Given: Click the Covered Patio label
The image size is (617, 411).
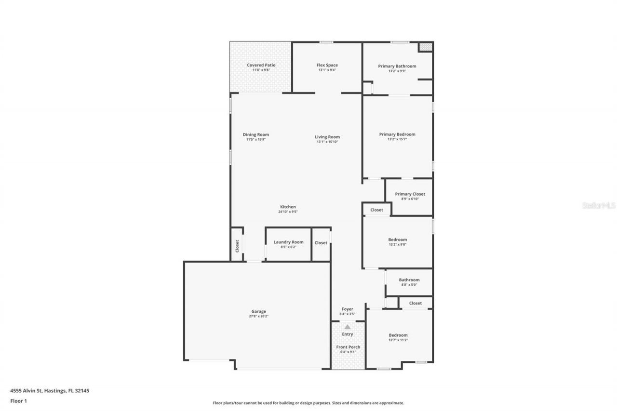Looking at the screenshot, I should (x=261, y=65).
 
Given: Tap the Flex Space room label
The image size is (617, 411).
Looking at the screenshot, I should (x=327, y=65).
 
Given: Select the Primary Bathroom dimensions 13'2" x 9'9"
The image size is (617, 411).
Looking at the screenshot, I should (x=397, y=71).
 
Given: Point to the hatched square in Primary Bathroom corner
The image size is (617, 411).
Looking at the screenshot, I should (x=425, y=47).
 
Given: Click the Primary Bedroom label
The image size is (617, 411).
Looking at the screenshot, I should (x=397, y=134).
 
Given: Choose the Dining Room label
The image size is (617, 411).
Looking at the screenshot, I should (x=255, y=135).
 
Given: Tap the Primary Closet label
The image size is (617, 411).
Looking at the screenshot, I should (x=410, y=194).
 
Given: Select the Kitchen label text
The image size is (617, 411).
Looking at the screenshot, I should (x=288, y=207).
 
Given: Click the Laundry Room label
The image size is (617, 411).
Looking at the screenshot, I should (x=288, y=242).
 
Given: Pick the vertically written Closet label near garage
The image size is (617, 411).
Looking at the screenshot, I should (x=237, y=246).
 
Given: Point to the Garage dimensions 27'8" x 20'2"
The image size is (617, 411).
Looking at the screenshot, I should (x=258, y=317).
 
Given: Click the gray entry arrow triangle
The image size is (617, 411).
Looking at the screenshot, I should (x=348, y=327).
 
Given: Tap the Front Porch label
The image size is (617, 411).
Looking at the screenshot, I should (x=348, y=347).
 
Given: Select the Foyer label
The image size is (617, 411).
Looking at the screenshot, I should (x=347, y=309).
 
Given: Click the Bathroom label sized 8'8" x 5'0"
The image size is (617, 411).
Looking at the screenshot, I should (x=409, y=280).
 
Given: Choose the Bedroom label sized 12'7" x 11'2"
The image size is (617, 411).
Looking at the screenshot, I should (x=398, y=335).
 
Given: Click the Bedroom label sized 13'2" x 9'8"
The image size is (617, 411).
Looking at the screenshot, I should (x=397, y=239).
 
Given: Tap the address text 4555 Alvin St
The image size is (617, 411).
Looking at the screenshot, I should (x=27, y=391).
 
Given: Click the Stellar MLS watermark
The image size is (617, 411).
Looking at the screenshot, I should (x=599, y=205).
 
